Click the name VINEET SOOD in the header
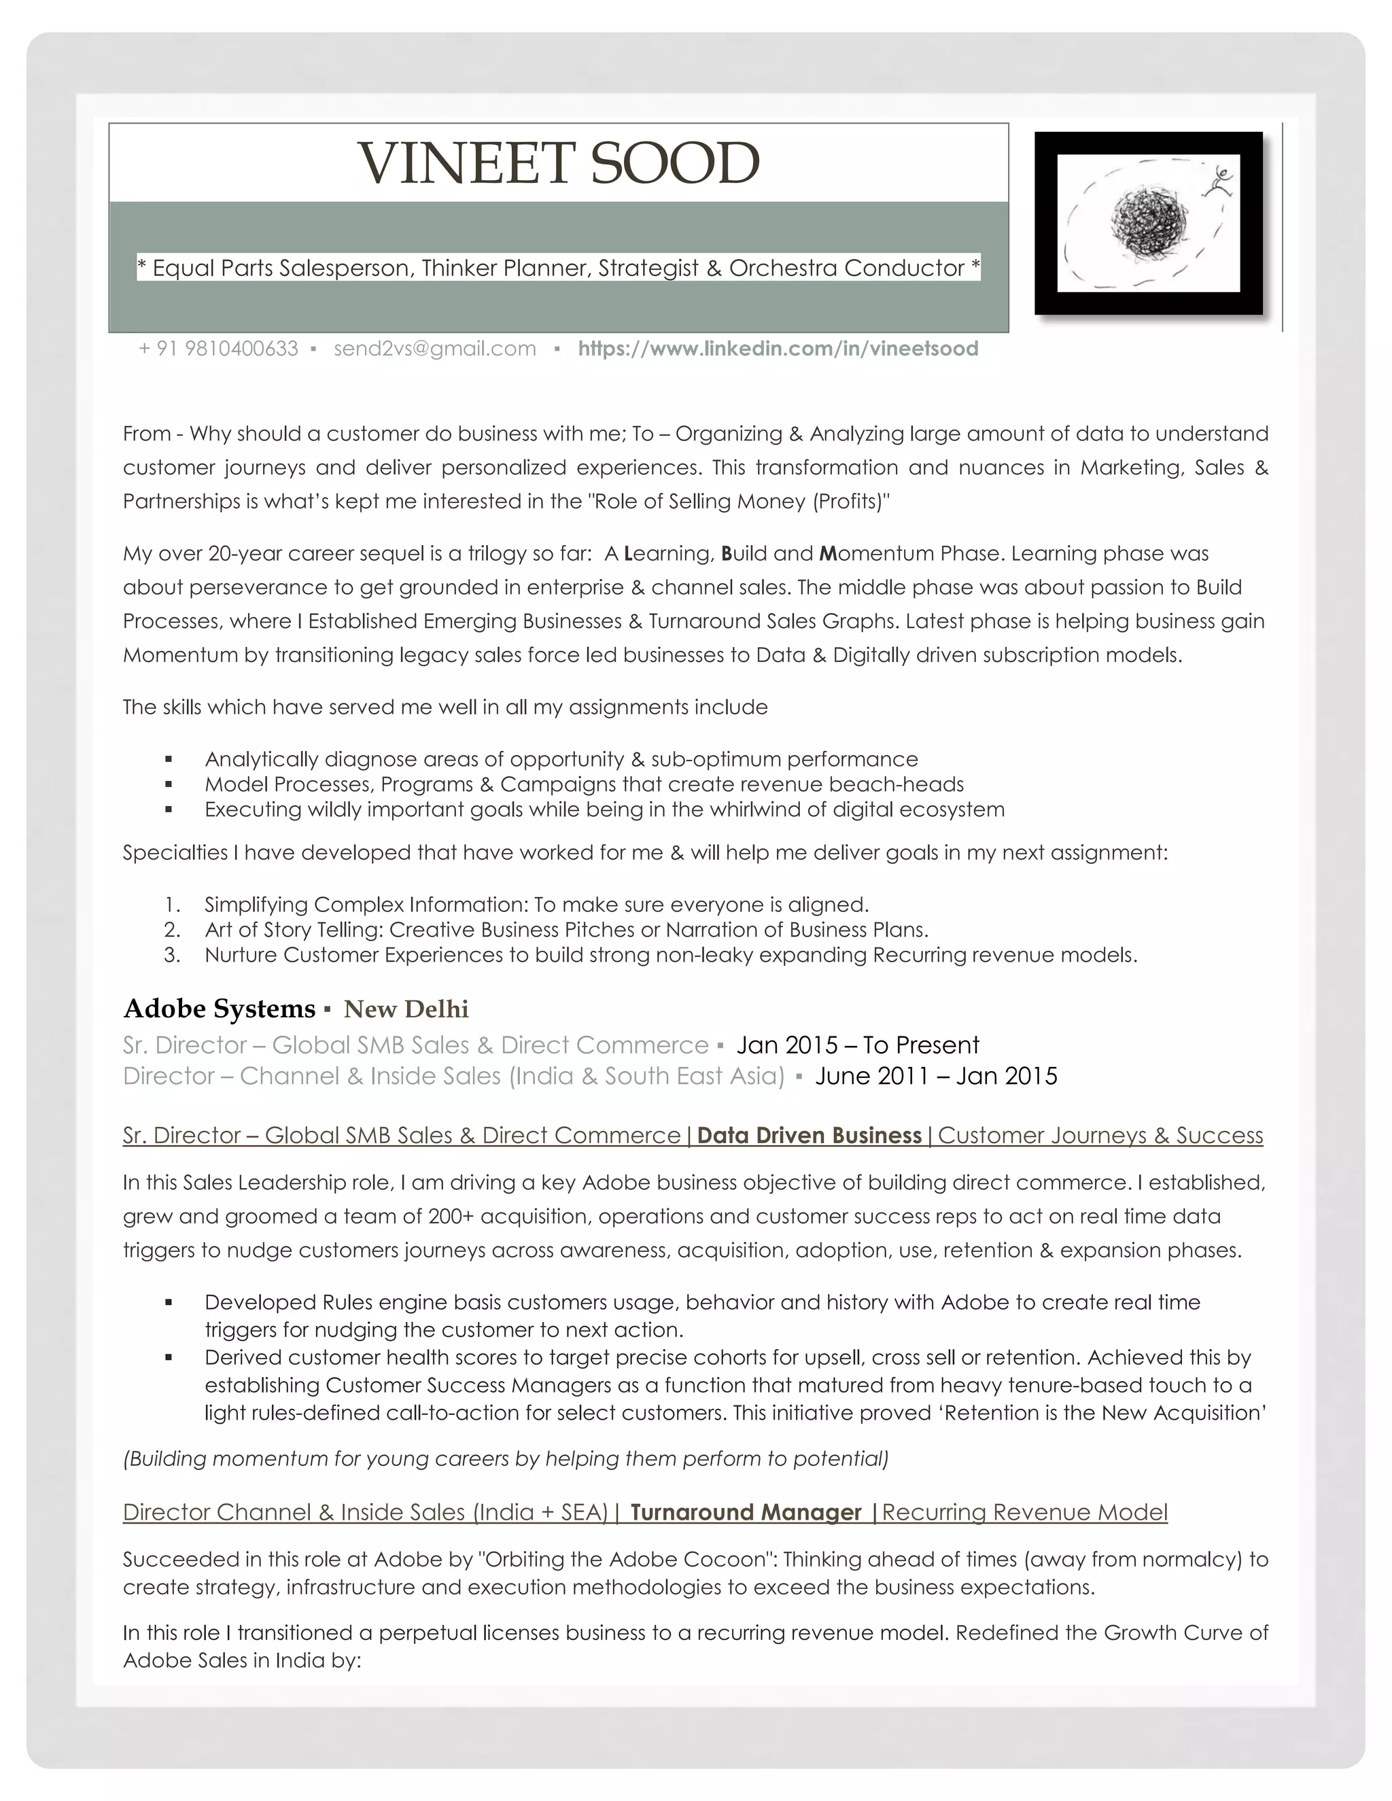pyautogui.click(x=558, y=163)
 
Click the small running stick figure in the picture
pyautogui.click(x=1219, y=181)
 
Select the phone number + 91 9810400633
pyautogui.click(x=219, y=349)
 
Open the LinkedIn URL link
pyautogui.click(x=778, y=349)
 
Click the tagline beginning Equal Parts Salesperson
pyautogui.click(x=558, y=268)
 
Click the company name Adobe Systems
pyautogui.click(x=220, y=1009)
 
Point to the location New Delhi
pyautogui.click(x=406, y=1009)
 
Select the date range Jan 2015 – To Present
pyautogui.click(x=858, y=1046)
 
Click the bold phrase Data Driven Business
pyautogui.click(x=809, y=1136)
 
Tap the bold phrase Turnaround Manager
pyautogui.click(x=746, y=1512)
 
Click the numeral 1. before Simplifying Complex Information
pyautogui.click(x=173, y=905)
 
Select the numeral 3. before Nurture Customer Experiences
pyautogui.click(x=173, y=956)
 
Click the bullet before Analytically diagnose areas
pyautogui.click(x=169, y=760)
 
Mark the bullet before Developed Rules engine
pyautogui.click(x=169, y=1303)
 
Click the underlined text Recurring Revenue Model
pyautogui.click(x=1024, y=1512)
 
